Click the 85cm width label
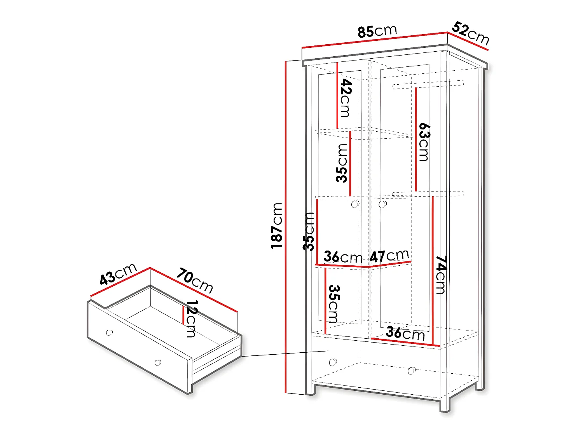point(377,31)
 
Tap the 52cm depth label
point(470,33)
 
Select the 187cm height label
point(277,225)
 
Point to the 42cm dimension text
point(345,98)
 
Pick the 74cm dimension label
point(441,274)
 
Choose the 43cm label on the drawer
point(118,274)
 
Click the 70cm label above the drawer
point(195,280)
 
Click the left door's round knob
point(355,204)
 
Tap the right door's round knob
point(382,204)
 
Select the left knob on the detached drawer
point(110,333)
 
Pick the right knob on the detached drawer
point(158,363)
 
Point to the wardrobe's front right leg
point(445,404)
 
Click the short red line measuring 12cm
point(183,315)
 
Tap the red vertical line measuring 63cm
point(415,140)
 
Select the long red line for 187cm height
point(286,227)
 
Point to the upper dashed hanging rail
point(428,84)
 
